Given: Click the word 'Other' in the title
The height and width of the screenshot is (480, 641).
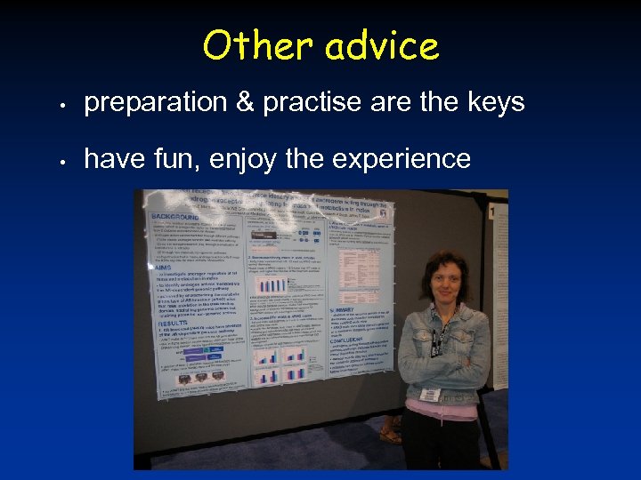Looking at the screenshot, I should point(257,46).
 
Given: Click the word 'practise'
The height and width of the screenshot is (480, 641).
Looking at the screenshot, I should point(311,103).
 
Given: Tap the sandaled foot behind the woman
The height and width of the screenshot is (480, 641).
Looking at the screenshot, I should point(390,436).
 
